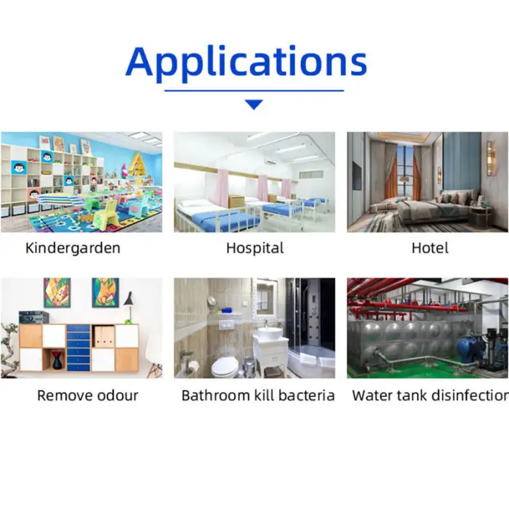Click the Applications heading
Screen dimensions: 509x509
(247, 63)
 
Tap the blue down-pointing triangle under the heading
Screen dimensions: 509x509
(254, 104)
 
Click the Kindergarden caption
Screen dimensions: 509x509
(73, 248)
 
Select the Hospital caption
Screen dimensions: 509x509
(254, 249)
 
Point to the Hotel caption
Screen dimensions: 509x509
(430, 248)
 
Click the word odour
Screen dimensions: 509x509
(118, 396)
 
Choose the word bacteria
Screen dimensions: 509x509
(306, 396)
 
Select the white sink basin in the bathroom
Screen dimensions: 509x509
(270, 333)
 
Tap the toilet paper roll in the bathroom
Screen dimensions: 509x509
(194, 366)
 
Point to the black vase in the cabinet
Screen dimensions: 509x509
(57, 361)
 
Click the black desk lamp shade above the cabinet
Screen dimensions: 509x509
(129, 299)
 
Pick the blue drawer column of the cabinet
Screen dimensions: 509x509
(79, 348)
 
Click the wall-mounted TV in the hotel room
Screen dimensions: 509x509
(357, 176)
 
